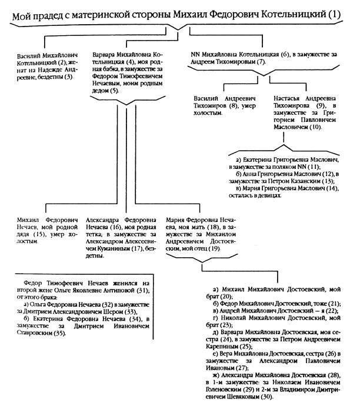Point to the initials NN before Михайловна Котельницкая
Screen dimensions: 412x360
(x=197, y=53)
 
